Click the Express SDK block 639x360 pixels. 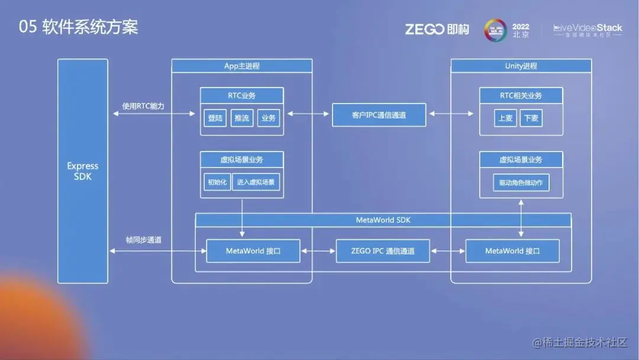pos(83,171)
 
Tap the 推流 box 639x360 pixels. pos(242,118)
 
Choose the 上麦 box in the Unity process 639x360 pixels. pos(505,118)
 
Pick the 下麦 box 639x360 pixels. pos(531,118)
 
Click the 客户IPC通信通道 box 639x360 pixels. pos(379,115)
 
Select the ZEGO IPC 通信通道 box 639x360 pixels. pos(383,251)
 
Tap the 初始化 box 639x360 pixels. pos(217,182)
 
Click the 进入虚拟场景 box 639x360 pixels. pos(256,182)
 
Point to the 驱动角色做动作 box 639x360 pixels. pos(521,183)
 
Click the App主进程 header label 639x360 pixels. pos(241,66)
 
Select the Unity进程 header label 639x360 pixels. pos(521,66)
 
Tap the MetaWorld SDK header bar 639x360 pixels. pos(383,220)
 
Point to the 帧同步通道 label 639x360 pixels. pos(144,240)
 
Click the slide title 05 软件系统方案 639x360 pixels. pos(79,28)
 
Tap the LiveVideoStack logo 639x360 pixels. pos(588,30)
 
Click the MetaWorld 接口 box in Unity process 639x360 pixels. pos(512,251)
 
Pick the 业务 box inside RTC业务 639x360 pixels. pos(269,118)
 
